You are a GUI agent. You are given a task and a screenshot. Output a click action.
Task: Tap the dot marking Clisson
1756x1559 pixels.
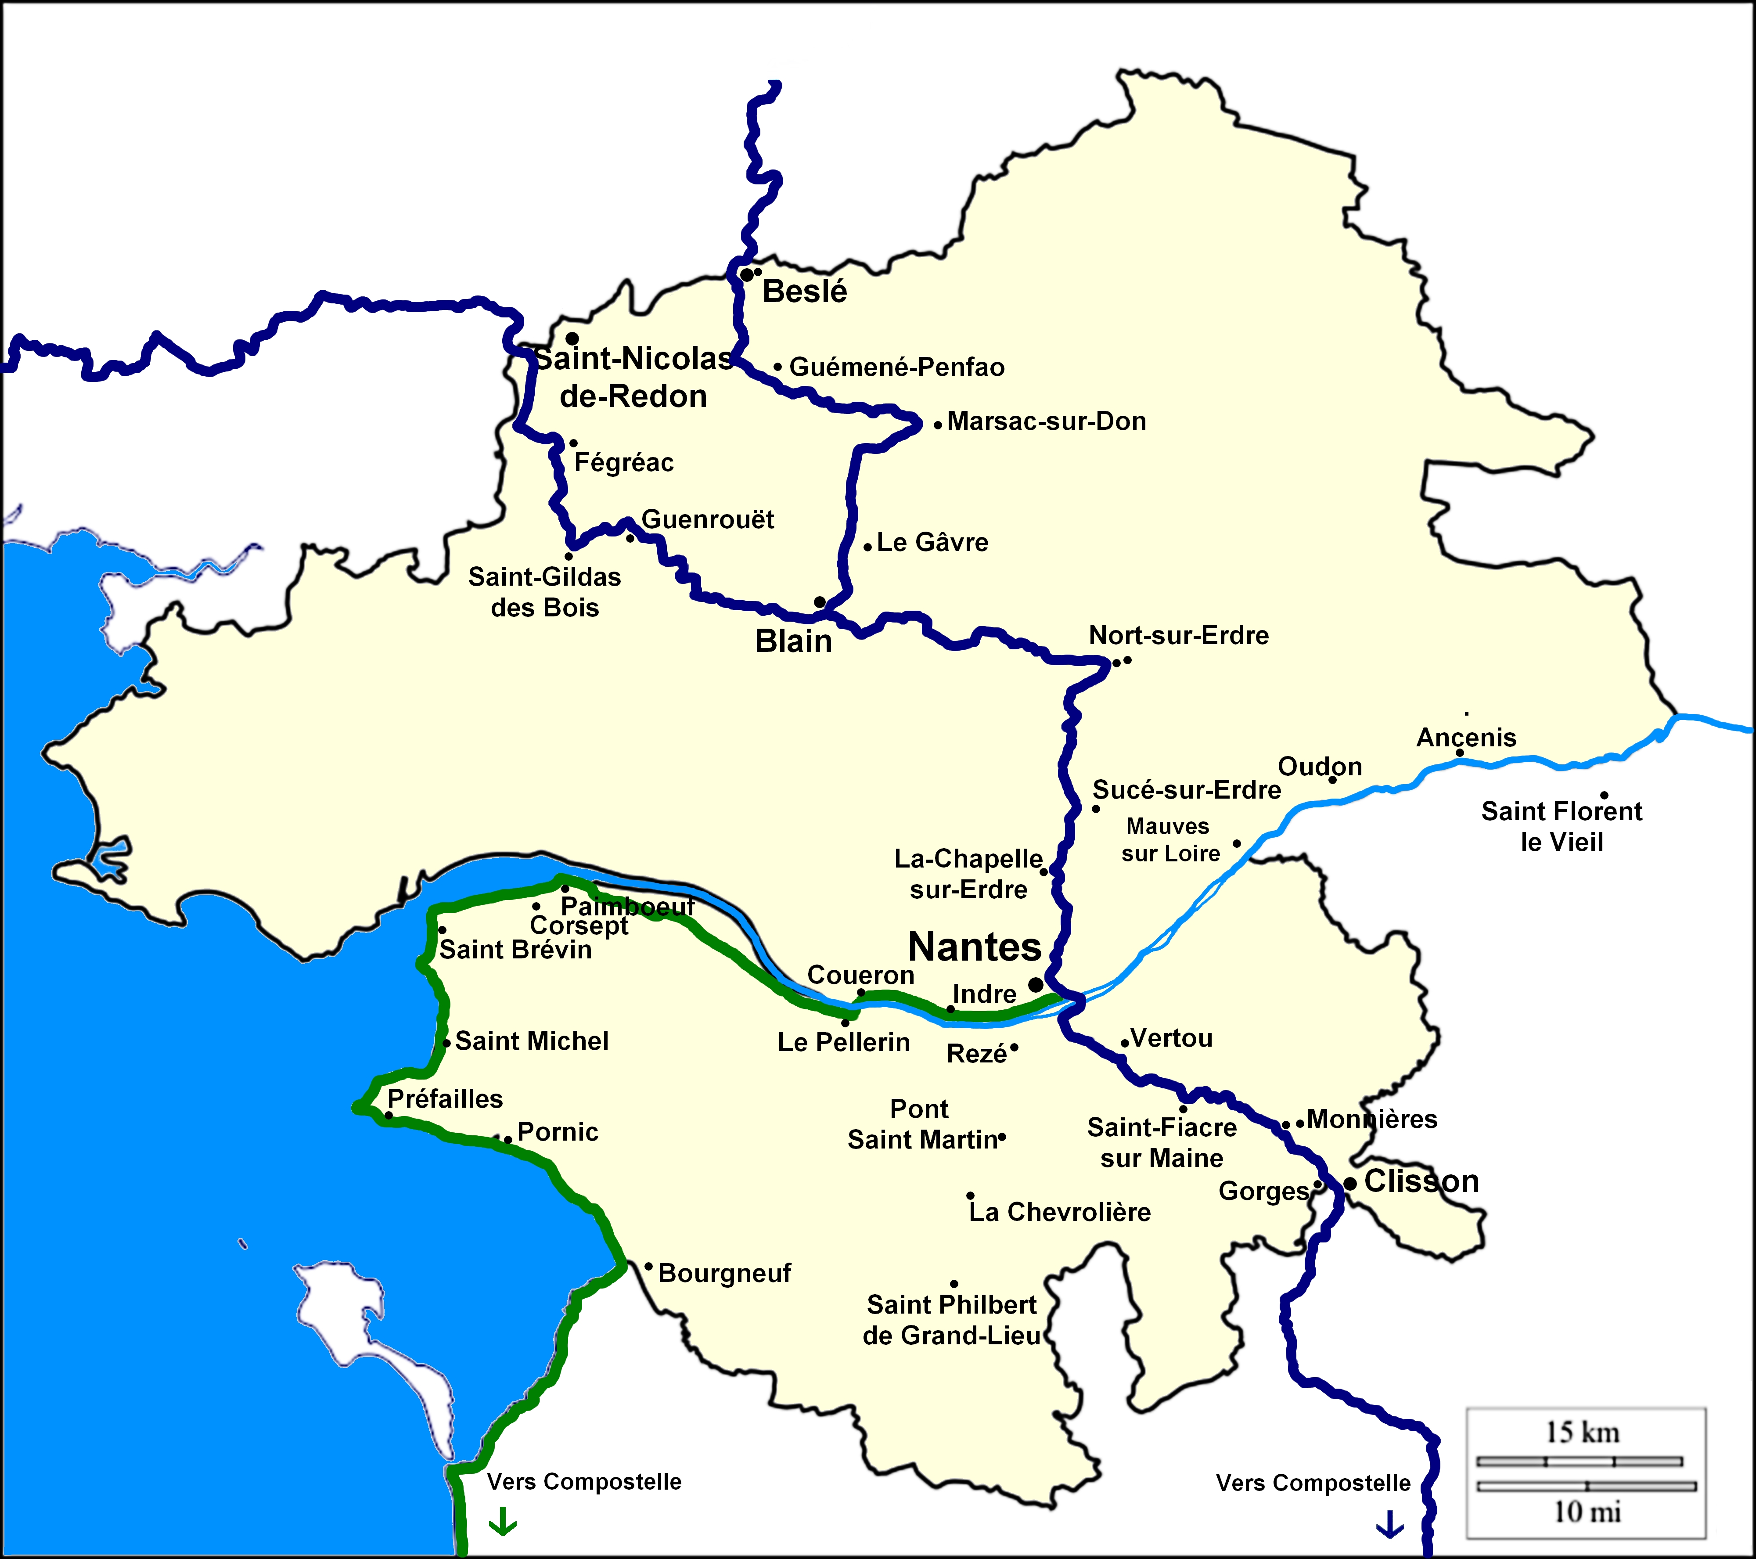(1349, 1184)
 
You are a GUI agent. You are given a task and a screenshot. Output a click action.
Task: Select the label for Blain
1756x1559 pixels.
(793, 641)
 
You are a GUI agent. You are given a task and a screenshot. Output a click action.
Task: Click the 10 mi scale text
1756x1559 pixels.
(1587, 1512)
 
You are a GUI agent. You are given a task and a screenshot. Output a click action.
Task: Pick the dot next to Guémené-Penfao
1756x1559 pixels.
(777, 367)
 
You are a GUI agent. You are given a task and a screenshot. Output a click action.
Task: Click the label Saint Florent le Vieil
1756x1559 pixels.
(1561, 826)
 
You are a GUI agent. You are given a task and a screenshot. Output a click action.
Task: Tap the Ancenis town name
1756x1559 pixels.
(1466, 738)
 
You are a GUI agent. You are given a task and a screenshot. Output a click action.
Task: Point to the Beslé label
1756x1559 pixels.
(804, 292)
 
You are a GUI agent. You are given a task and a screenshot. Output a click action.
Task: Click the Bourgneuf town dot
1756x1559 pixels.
(648, 1266)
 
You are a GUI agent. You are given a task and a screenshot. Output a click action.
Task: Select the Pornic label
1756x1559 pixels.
(558, 1132)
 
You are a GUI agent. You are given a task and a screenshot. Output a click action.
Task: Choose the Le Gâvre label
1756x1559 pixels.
(932, 543)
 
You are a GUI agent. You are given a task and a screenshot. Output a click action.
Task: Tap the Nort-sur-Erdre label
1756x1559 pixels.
(1179, 636)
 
